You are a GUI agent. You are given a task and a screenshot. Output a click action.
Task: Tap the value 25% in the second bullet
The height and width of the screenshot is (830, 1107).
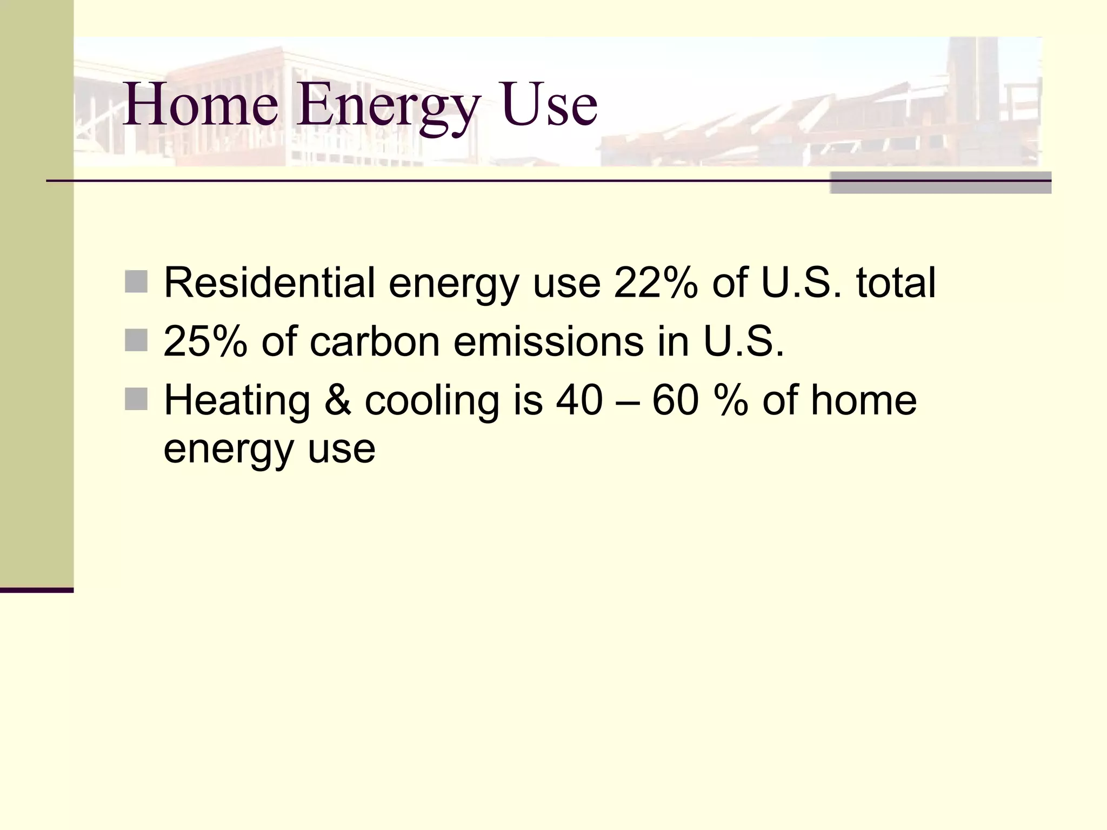(205, 342)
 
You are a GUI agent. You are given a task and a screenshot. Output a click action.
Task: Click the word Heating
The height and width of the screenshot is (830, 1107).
(237, 400)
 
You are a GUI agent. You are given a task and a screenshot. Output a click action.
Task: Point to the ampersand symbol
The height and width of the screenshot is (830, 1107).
(338, 400)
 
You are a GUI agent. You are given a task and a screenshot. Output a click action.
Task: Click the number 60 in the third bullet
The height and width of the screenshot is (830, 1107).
(675, 400)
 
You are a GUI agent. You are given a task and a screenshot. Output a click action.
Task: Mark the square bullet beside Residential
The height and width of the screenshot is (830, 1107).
(136, 282)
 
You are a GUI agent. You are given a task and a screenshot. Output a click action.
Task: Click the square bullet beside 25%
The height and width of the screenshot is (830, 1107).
(136, 341)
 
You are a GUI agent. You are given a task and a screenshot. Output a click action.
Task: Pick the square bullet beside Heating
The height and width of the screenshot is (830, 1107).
(136, 399)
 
